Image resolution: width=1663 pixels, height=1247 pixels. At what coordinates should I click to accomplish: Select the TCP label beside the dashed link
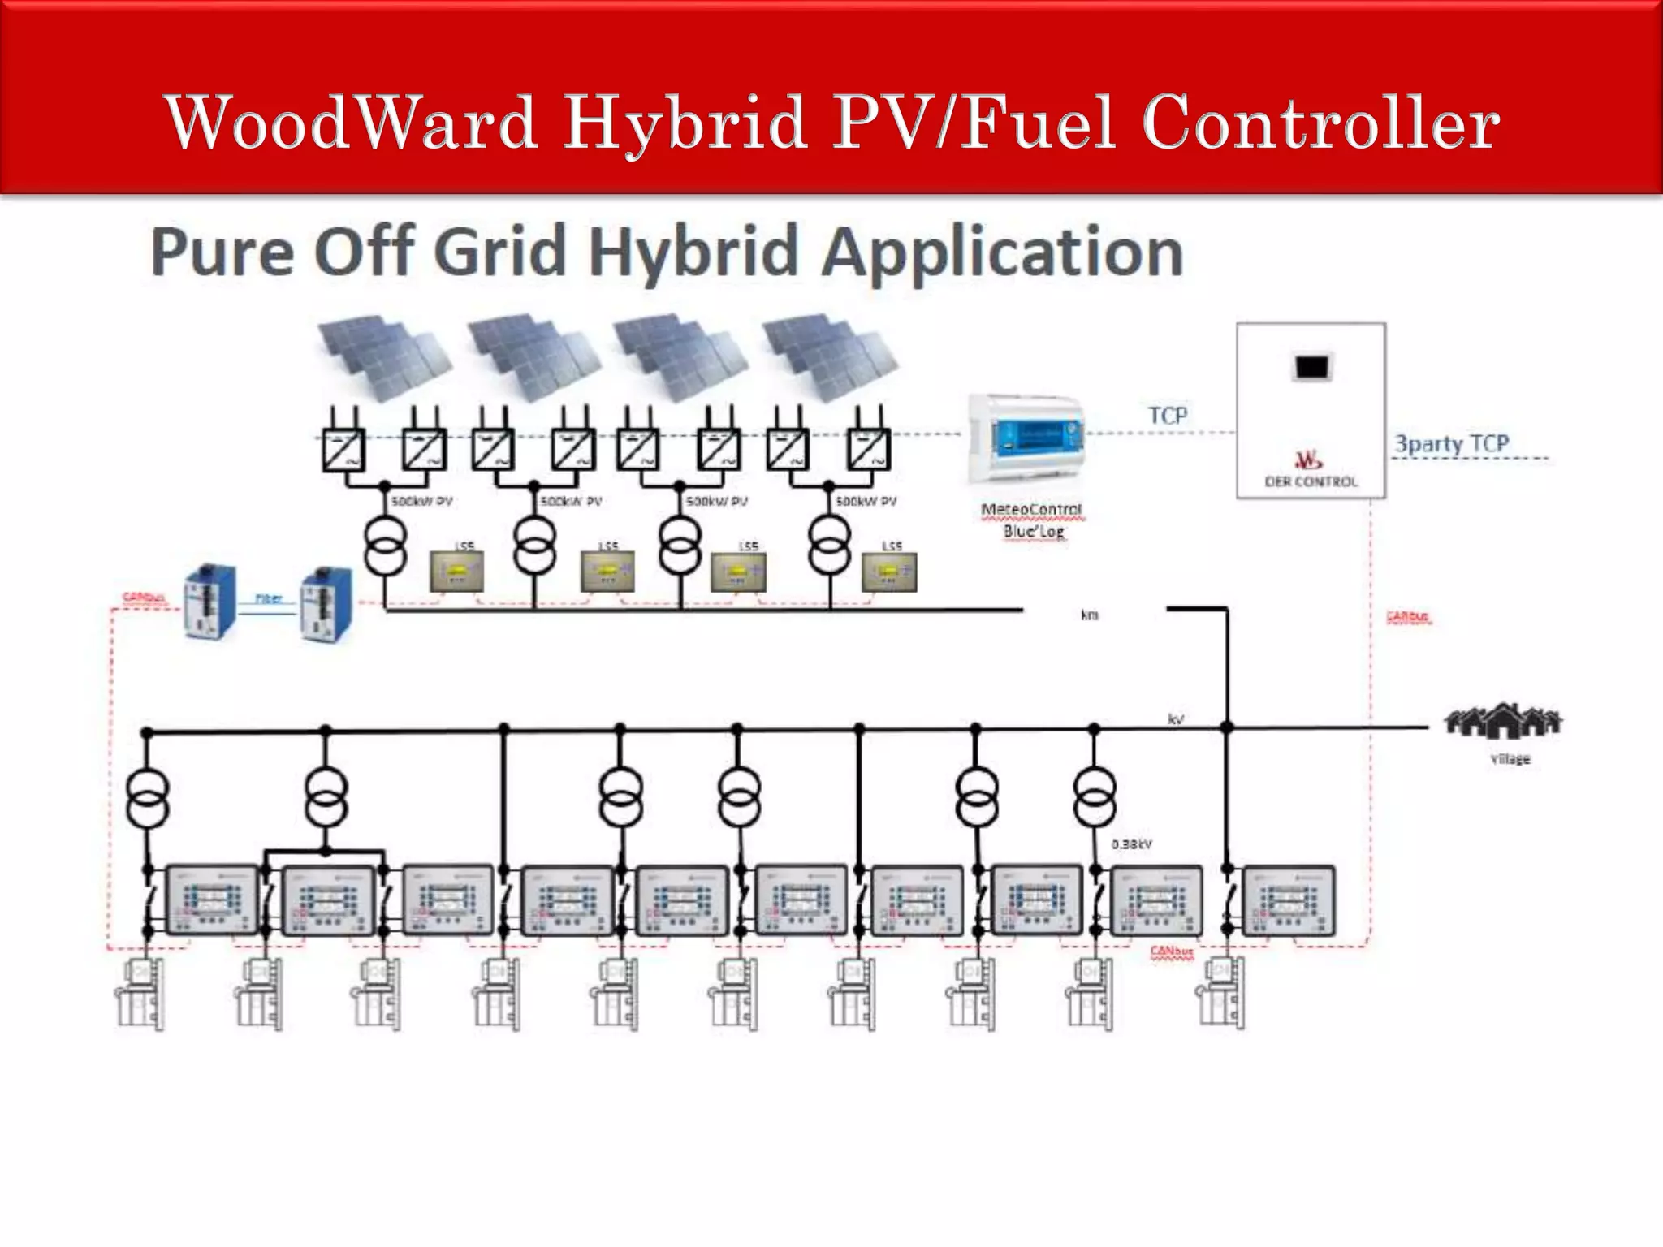1167,416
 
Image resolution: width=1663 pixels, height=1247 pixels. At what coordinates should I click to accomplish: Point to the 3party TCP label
1452,443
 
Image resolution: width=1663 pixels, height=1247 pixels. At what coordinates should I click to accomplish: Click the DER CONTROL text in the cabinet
1311,481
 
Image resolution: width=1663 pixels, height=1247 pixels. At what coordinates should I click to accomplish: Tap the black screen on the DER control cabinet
1311,368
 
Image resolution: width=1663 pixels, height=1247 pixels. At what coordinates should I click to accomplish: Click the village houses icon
1502,721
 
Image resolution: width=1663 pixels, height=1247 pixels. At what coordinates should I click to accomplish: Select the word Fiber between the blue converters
269,598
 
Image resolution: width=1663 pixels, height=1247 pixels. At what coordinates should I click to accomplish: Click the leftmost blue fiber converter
210,602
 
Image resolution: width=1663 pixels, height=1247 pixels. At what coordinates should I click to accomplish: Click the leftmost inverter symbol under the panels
343,449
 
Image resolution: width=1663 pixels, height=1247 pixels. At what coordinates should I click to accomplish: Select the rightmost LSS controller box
890,572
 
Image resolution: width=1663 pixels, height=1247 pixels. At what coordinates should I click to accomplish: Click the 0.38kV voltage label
1131,844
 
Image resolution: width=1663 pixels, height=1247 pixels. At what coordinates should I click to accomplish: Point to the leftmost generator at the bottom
139,995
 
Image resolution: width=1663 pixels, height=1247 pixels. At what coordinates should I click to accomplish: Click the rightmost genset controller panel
1289,900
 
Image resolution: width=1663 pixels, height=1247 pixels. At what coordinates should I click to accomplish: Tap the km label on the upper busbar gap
1089,615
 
